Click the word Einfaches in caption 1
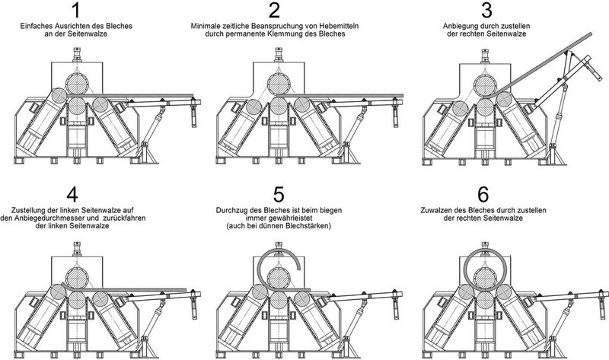40,27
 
